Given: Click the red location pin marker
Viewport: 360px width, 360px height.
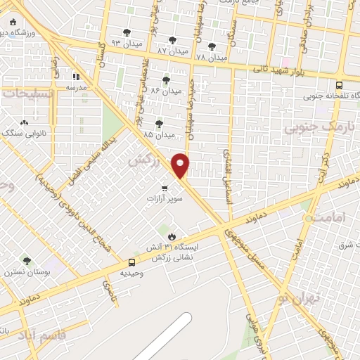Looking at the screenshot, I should point(181,165).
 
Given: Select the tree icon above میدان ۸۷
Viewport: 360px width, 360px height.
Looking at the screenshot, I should point(172,40).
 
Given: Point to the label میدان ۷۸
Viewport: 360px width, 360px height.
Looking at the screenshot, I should point(211,57).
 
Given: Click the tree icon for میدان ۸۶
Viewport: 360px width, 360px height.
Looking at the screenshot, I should point(166,80).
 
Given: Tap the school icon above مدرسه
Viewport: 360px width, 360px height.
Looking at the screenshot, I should point(76,77).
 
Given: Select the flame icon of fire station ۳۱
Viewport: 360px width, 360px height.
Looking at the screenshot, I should point(169,236).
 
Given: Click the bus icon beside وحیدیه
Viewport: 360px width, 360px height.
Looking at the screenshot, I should point(124,262).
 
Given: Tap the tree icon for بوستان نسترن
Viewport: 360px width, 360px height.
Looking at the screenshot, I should point(27,261).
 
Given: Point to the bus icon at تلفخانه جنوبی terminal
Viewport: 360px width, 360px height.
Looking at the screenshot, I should point(339,104).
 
